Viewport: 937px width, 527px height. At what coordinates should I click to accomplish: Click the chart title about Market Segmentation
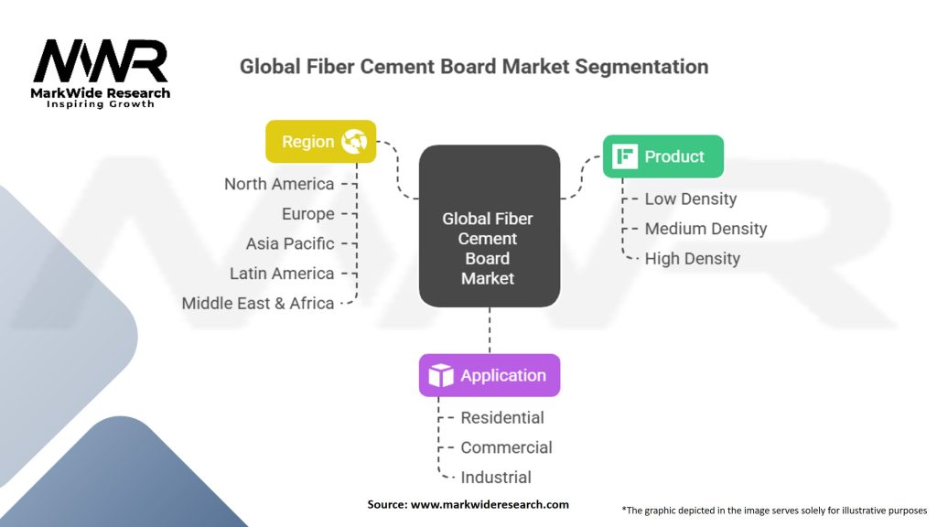point(473,67)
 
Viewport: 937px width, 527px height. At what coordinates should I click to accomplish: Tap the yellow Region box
point(320,142)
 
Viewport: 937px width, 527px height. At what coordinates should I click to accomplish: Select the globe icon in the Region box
point(354,142)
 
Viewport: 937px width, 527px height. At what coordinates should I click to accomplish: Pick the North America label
point(279,184)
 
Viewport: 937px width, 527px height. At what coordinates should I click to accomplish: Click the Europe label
point(308,214)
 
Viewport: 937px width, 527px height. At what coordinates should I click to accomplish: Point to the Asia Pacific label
point(290,243)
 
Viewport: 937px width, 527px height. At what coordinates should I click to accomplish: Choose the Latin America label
point(282,274)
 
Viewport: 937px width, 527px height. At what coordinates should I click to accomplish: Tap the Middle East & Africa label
point(258,303)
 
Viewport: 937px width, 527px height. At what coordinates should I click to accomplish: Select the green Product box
point(662,156)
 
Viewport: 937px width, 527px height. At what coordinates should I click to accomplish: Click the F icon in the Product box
point(626,156)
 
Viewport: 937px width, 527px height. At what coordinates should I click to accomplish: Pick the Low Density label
point(690,199)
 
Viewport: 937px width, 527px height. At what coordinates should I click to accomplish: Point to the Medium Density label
point(705,229)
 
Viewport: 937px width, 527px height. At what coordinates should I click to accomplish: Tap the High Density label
point(692,259)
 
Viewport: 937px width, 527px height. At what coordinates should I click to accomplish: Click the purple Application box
point(489,375)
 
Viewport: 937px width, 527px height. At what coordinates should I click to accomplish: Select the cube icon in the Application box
point(441,375)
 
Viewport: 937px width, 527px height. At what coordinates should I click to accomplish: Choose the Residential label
point(501,417)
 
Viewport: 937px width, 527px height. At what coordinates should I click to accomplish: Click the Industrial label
point(495,477)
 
